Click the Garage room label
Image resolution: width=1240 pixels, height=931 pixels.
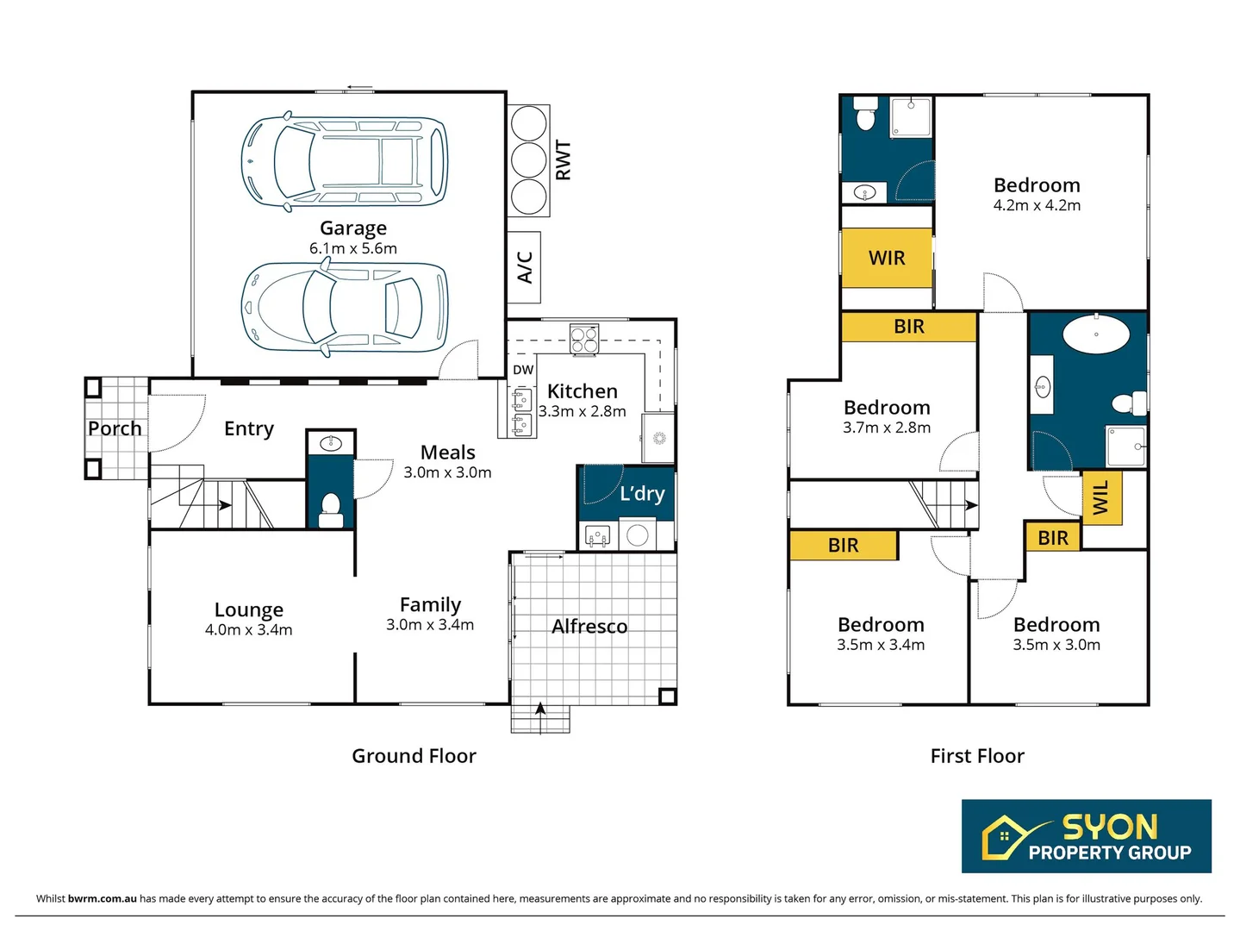353,228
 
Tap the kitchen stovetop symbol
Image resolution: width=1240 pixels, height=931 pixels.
583,339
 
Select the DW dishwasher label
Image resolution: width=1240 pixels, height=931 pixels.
523,370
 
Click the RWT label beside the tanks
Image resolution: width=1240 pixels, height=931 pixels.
564,160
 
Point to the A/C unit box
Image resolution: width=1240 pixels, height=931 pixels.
524,267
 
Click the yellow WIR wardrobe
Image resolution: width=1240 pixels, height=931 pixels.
887,258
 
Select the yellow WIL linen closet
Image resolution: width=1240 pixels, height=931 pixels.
1101,498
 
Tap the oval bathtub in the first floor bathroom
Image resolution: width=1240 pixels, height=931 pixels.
1095,334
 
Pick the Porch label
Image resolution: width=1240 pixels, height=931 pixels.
115,428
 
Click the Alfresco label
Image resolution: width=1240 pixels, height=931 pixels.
589,627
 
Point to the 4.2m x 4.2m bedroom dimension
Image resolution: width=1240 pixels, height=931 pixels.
1037,206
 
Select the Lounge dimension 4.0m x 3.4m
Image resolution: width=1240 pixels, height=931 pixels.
248,630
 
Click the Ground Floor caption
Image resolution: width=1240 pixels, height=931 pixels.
414,756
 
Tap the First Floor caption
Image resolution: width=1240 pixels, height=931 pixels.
977,756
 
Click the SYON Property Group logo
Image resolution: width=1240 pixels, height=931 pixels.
1086,836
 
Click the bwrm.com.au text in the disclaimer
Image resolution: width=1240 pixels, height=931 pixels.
102,898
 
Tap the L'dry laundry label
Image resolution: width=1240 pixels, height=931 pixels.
642,494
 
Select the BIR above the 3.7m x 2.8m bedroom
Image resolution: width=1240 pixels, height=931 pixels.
909,327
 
